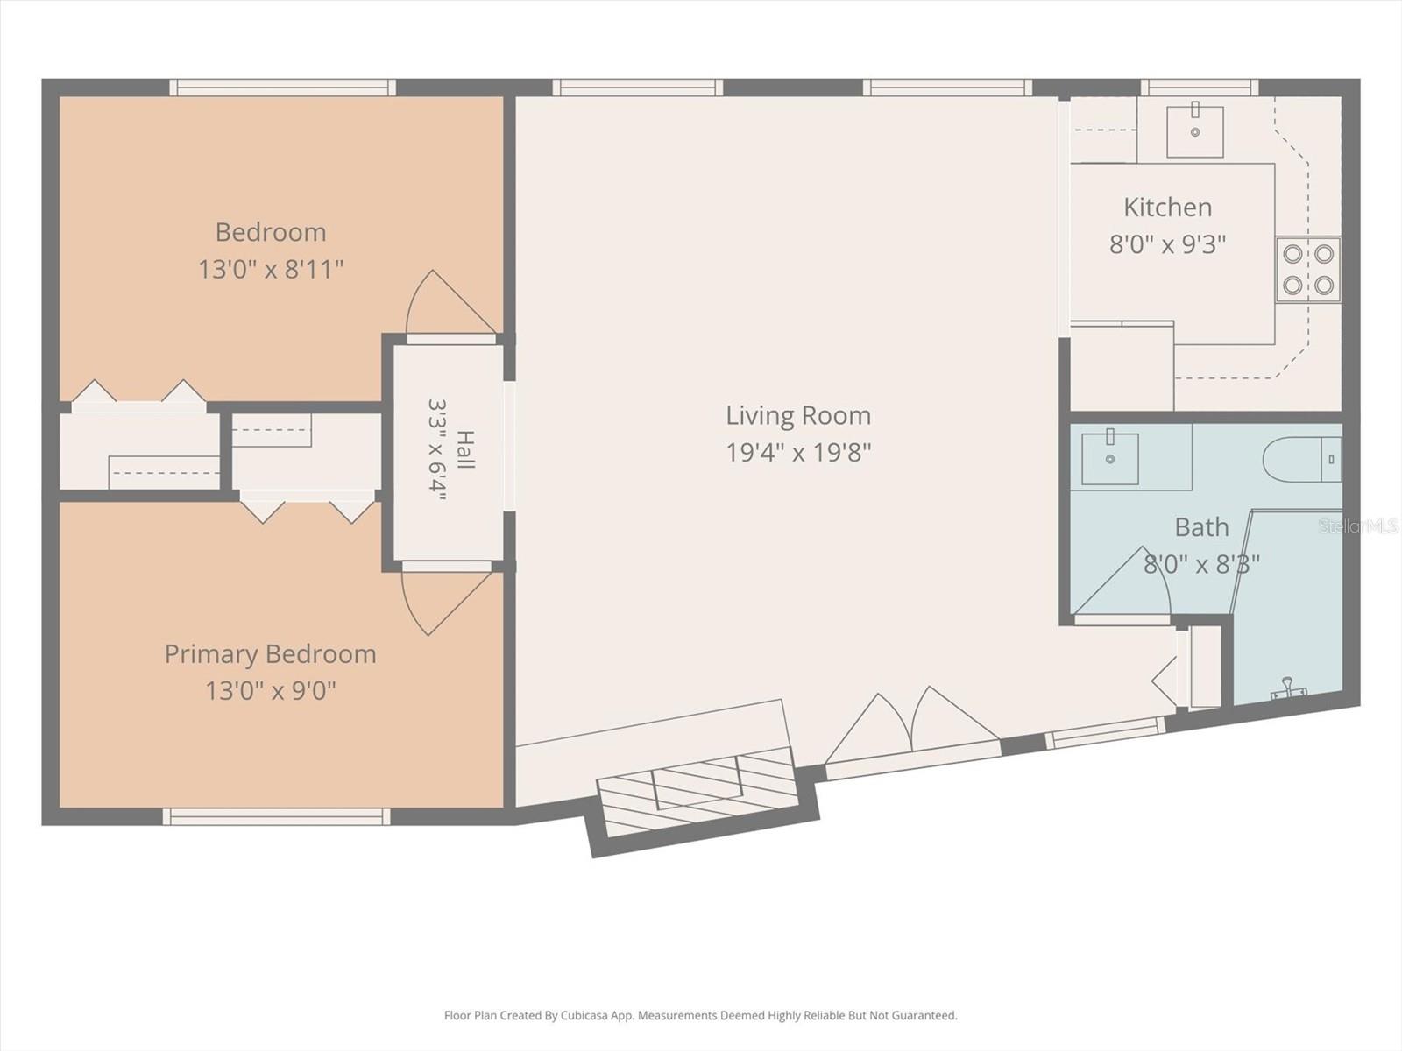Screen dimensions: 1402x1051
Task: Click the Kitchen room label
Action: [x=1167, y=208]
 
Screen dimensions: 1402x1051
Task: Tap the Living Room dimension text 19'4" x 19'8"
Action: [x=798, y=453]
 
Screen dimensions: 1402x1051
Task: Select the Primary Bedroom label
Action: [x=270, y=654]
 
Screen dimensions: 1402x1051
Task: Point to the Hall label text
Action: [x=465, y=450]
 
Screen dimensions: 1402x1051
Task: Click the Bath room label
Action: [x=1201, y=527]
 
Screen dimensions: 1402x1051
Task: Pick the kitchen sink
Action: [x=1195, y=130]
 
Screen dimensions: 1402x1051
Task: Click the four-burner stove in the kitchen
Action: [x=1308, y=269]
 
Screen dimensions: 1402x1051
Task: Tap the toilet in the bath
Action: [x=1302, y=460]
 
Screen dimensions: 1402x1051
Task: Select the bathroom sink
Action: [x=1109, y=457]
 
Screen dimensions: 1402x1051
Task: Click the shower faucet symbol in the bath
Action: [x=1288, y=688]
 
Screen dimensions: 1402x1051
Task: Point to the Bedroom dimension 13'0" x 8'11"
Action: [x=271, y=269]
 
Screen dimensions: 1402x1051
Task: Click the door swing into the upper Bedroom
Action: [x=450, y=302]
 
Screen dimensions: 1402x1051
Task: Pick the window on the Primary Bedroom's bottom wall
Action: [x=276, y=816]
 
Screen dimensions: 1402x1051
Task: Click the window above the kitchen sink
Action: [x=1200, y=88]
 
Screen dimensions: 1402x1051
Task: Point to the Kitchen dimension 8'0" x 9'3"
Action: [x=1167, y=244]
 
